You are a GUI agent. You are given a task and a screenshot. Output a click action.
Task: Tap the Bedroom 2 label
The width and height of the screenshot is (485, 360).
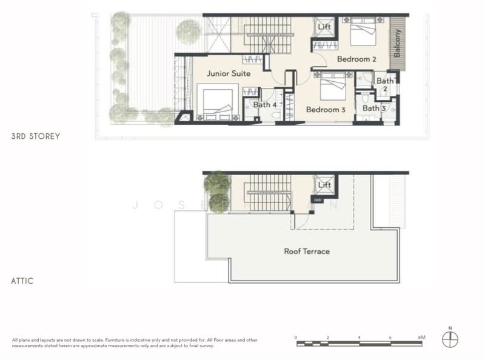click(x=357, y=59)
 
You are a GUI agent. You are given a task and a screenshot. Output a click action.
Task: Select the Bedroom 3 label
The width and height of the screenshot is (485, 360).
click(x=326, y=110)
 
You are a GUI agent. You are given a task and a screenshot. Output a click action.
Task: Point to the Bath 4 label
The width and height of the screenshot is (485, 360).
click(x=265, y=105)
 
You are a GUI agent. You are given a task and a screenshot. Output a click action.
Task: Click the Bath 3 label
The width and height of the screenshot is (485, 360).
click(x=374, y=108)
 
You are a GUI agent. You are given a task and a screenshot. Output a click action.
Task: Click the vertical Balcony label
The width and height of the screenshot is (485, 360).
click(x=398, y=44)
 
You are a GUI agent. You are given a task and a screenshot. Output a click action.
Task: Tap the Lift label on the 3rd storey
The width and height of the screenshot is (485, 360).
click(x=324, y=27)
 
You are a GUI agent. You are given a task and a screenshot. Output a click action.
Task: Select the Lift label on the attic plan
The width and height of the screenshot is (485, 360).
click(x=324, y=185)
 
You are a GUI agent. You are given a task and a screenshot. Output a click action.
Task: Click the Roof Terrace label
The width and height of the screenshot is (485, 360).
click(x=307, y=251)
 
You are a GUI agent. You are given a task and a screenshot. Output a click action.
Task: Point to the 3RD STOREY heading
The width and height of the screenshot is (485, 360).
click(x=36, y=136)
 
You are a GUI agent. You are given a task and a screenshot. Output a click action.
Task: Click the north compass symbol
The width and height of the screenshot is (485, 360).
click(x=450, y=339)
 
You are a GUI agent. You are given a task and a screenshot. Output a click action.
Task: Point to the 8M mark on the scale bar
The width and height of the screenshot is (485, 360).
click(x=422, y=337)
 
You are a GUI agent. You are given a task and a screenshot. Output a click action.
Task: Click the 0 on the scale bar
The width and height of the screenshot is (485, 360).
click(x=296, y=337)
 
